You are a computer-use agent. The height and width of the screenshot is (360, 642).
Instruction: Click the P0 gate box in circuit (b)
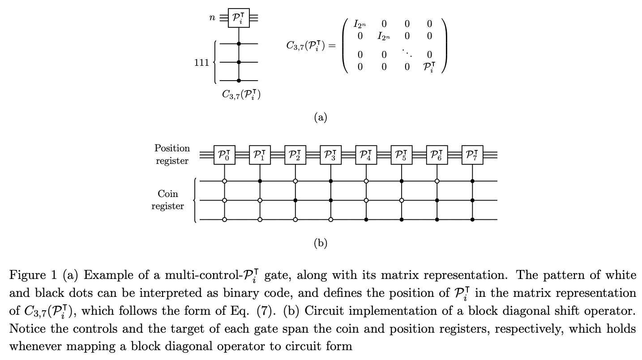[x=224, y=155]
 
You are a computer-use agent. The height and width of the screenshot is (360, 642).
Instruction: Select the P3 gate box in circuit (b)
[x=331, y=155]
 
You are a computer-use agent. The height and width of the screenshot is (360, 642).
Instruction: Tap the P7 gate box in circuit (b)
[x=472, y=155]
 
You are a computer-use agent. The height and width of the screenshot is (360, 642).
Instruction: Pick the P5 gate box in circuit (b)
[x=402, y=155]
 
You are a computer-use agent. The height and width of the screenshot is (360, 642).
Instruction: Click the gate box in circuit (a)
[x=239, y=18]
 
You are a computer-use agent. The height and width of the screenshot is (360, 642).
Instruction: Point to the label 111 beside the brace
[x=201, y=63]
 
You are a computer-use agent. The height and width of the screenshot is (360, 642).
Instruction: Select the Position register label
[x=172, y=154]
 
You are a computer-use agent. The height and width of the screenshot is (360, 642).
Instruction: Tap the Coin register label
[x=167, y=200]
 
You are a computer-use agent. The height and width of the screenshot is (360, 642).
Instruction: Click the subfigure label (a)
[x=321, y=117]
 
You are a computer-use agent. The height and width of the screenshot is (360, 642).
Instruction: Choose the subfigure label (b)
[x=321, y=243]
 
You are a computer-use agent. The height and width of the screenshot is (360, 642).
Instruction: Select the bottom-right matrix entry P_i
[x=429, y=68]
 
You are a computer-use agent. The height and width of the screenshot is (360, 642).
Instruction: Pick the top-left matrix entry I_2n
[x=360, y=24]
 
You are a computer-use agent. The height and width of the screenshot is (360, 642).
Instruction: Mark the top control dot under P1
[x=260, y=181]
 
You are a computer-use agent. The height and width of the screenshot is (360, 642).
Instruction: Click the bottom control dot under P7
[x=472, y=220]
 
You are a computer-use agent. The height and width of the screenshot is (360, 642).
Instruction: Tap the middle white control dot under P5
[x=402, y=200]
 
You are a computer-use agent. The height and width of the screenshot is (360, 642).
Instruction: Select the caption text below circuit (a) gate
[x=241, y=94]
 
